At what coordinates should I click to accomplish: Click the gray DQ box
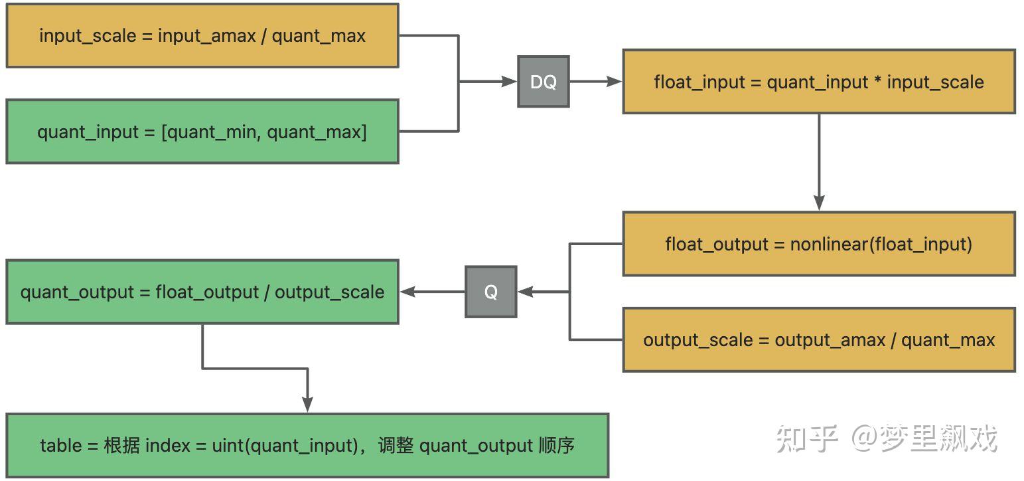tap(543, 82)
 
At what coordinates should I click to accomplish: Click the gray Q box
tap(490, 292)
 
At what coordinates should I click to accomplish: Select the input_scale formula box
tap(202, 36)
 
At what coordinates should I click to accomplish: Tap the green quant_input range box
tap(202, 132)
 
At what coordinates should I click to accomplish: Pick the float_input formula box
tap(818, 82)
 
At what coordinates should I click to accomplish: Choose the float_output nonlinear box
tap(818, 244)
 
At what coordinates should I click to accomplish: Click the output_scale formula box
tap(818, 339)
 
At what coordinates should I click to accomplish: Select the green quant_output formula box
tap(202, 292)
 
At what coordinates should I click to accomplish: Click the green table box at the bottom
tap(307, 445)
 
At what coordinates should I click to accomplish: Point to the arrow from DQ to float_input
tap(595, 82)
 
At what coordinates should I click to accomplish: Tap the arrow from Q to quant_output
tap(431, 292)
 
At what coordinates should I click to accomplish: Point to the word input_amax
tap(206, 36)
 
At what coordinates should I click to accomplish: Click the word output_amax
tap(830, 340)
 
